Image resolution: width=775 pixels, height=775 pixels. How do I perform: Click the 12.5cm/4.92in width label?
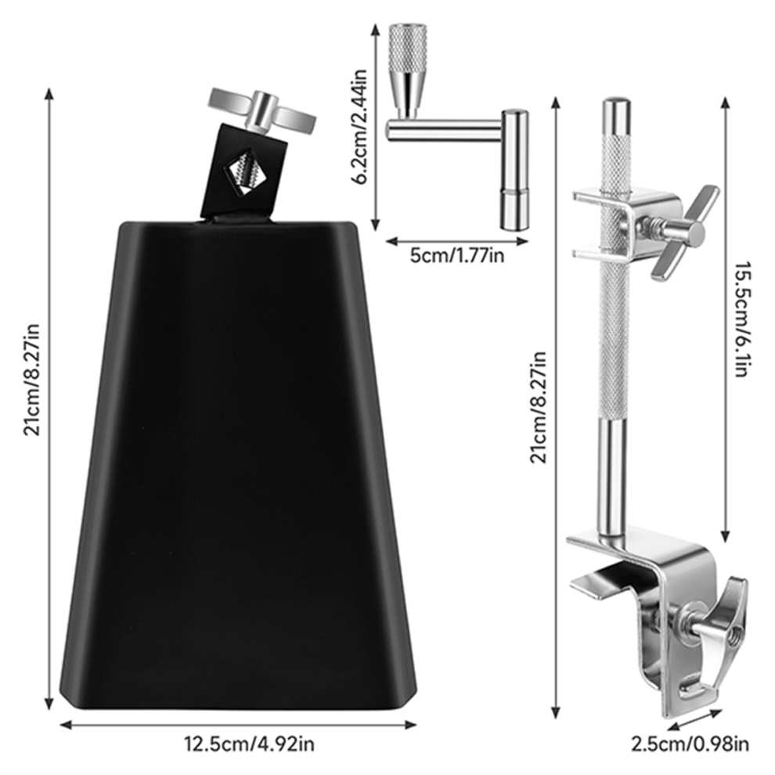point(249,744)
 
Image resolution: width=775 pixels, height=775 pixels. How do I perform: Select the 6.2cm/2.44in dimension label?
point(360,126)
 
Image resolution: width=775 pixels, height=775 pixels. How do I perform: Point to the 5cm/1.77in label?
point(457,256)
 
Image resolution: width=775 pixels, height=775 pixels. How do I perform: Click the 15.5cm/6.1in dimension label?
point(741,319)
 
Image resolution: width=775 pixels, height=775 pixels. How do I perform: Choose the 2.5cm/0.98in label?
point(690,744)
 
